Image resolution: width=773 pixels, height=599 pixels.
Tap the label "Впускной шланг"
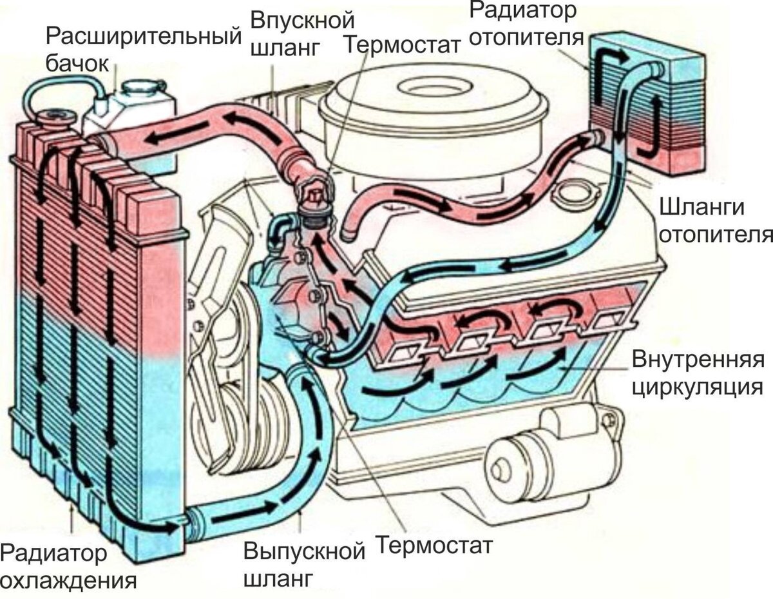(293, 31)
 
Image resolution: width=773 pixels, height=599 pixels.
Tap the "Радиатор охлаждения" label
(68, 566)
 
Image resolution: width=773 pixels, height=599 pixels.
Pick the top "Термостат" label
(403, 44)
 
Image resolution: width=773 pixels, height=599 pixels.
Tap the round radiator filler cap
(55, 118)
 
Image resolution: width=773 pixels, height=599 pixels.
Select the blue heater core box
(644, 103)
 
